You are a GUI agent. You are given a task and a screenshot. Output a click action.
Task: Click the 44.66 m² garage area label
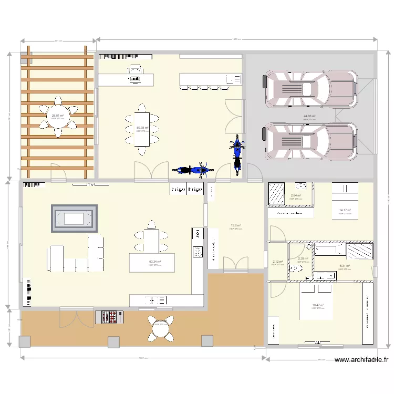[x=309, y=116]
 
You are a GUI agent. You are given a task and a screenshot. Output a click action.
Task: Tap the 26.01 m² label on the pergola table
[x=57, y=116]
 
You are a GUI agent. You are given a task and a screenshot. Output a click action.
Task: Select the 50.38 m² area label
[x=142, y=128]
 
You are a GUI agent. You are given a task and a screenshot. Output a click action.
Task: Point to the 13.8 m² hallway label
[x=236, y=225]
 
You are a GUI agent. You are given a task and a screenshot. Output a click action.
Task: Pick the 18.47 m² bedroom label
[x=318, y=305]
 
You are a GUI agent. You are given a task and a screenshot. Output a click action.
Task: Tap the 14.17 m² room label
[x=344, y=210]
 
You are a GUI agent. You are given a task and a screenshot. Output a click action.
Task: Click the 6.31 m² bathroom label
[x=344, y=266]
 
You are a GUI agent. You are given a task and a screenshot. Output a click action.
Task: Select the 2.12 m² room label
[x=277, y=262]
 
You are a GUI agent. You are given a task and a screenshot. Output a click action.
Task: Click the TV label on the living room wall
[x=90, y=185]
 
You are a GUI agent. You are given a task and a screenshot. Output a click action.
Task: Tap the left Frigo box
[x=178, y=189]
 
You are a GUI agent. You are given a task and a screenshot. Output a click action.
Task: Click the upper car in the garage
[x=310, y=88]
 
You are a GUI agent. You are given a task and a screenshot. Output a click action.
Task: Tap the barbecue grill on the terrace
[x=108, y=317]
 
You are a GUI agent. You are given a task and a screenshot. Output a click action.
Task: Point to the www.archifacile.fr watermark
[x=361, y=360]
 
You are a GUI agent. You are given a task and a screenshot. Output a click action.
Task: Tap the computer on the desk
[x=135, y=79]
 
